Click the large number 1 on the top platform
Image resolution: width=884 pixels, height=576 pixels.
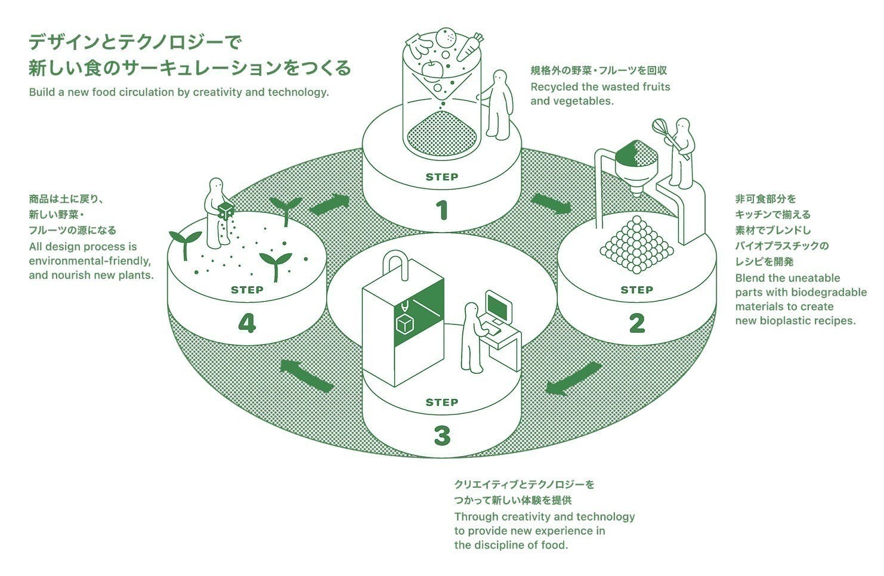441,210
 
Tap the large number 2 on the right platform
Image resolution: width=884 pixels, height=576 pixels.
636,323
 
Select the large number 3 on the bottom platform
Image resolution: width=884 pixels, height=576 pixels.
441,436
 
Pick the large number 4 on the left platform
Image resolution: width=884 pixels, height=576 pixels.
246,323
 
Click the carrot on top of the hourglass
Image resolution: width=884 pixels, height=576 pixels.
469,47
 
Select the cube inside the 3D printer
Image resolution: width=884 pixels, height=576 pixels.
405,324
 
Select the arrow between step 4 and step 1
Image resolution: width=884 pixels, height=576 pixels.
329,205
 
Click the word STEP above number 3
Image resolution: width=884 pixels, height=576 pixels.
441,402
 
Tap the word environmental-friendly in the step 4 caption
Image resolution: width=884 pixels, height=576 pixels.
89,261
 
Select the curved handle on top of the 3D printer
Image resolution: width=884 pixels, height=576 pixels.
397,262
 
